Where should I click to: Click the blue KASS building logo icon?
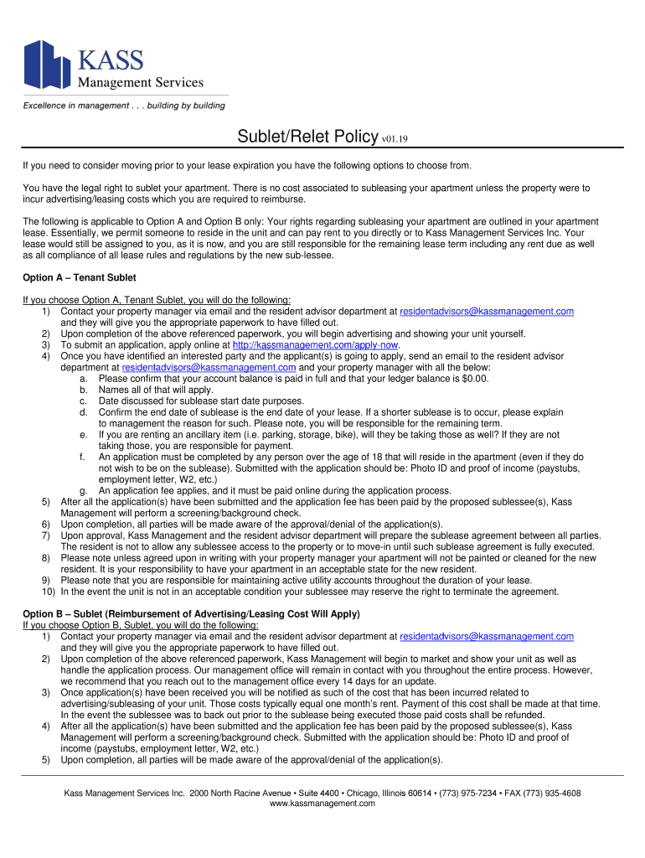pyautogui.click(x=47, y=65)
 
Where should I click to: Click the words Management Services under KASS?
pyautogui.click(x=141, y=82)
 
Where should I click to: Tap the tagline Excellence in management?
pyautogui.click(x=123, y=106)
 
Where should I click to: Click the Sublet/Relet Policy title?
pyautogui.click(x=307, y=137)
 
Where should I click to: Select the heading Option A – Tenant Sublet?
pyautogui.click(x=79, y=277)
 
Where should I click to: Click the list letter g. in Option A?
pyautogui.click(x=84, y=491)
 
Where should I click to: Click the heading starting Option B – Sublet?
pyautogui.click(x=191, y=614)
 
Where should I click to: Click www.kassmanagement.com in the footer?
pyautogui.click(x=322, y=804)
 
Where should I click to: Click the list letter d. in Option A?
pyautogui.click(x=84, y=412)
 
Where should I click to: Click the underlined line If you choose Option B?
pyautogui.click(x=141, y=625)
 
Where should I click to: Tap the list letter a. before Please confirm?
pyautogui.click(x=84, y=379)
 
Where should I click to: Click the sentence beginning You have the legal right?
pyautogui.click(x=307, y=189)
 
